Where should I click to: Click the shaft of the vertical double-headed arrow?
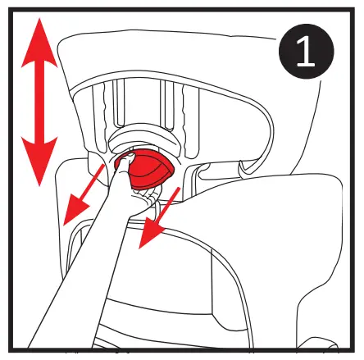pos(39,103)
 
